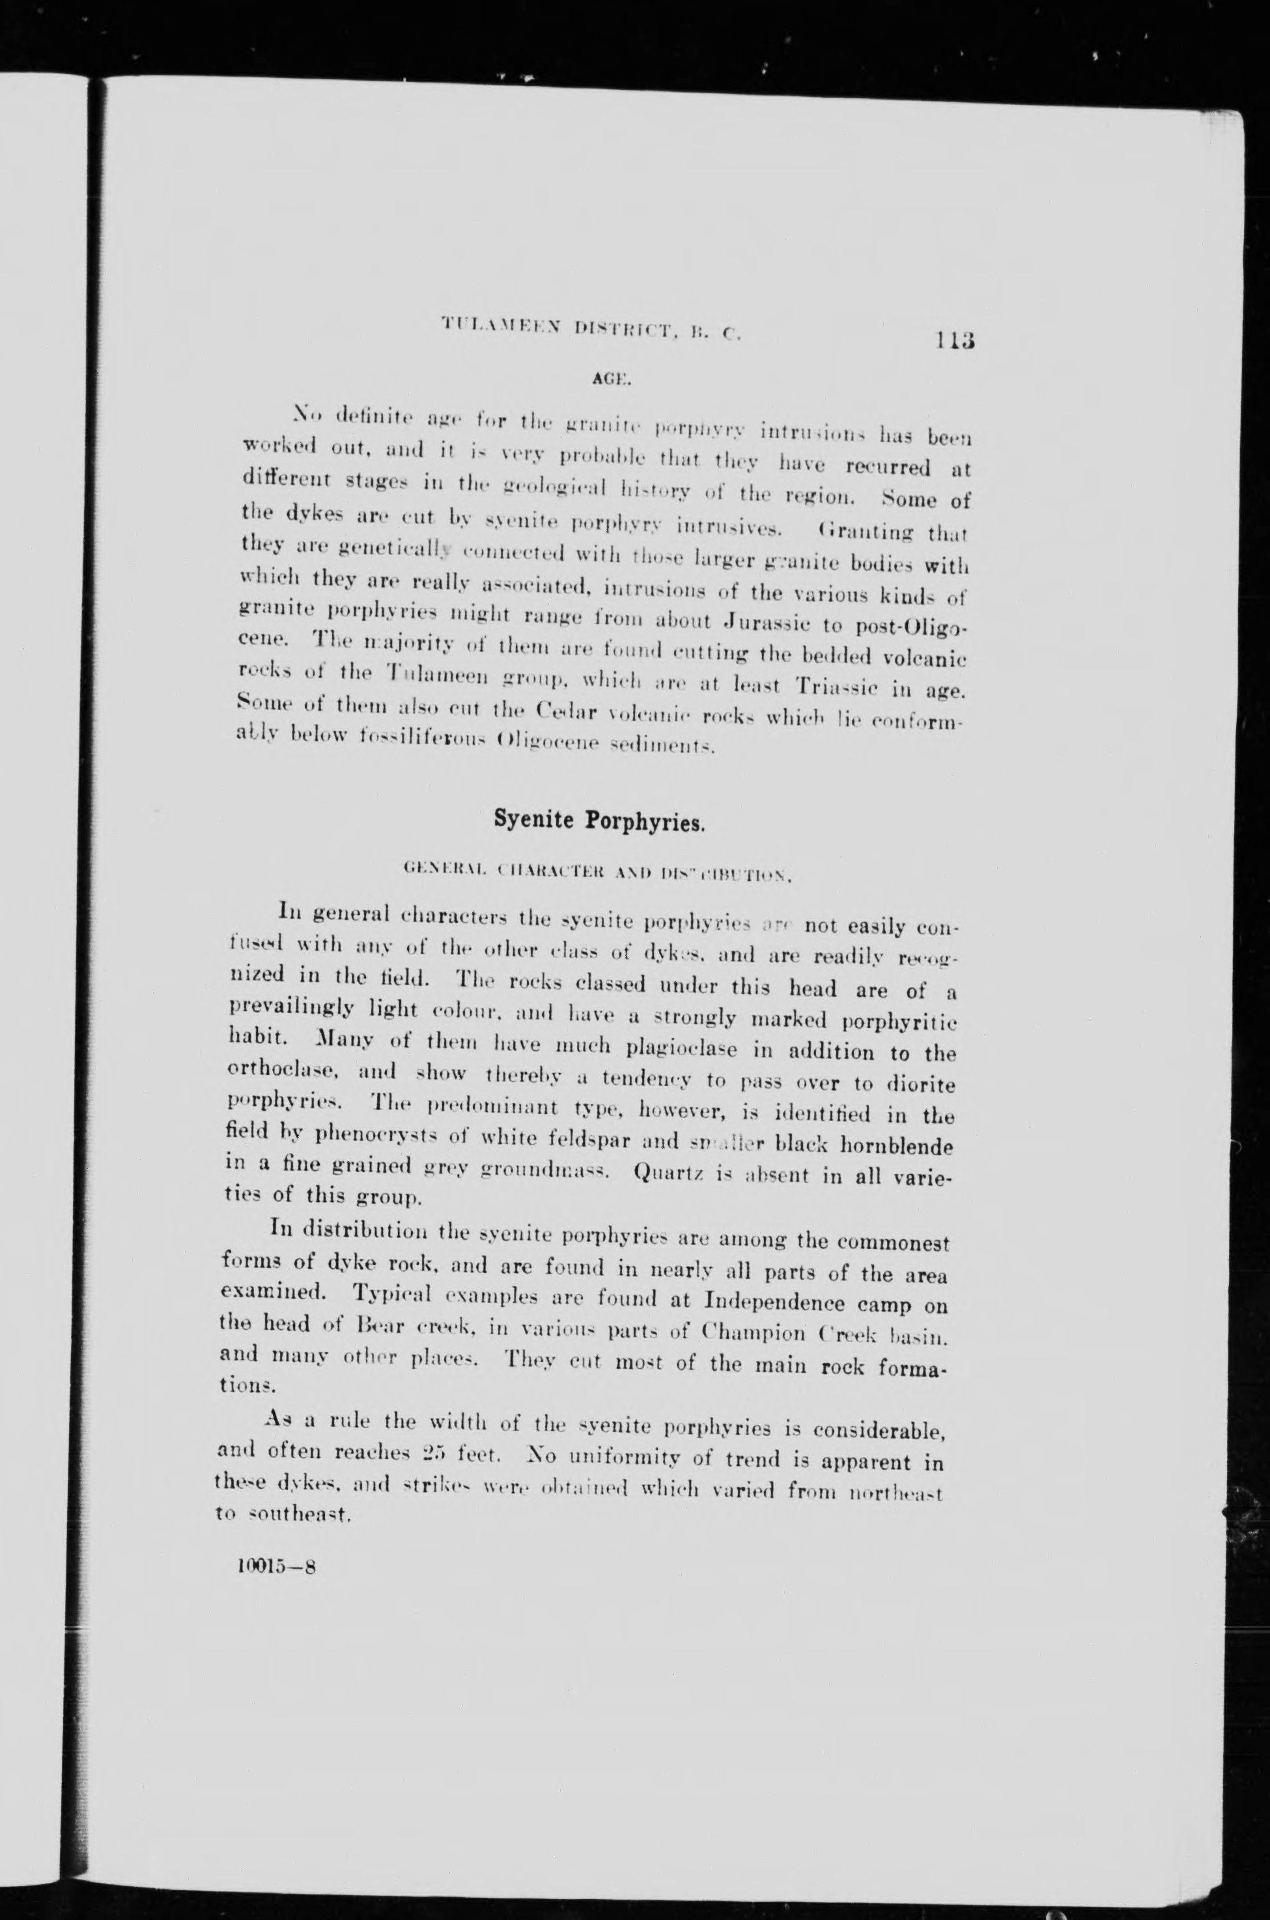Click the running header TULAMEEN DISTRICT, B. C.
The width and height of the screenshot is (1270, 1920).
point(591,328)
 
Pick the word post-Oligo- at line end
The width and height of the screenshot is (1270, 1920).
point(912,628)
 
